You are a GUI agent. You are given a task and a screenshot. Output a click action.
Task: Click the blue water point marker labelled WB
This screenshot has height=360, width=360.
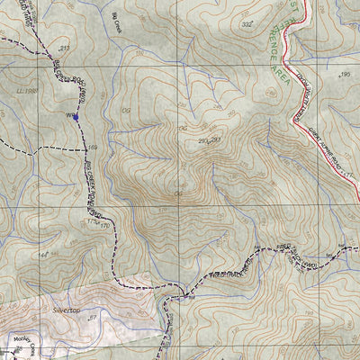[x=76, y=116]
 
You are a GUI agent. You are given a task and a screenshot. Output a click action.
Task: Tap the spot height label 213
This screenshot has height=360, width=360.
[x=64, y=47]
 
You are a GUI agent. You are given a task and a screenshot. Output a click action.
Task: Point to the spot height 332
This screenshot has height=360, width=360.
[x=247, y=24]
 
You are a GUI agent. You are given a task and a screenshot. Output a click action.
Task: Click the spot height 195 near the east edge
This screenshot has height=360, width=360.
[x=344, y=76]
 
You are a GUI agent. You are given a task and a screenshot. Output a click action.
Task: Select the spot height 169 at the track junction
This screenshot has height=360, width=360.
[x=91, y=147]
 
